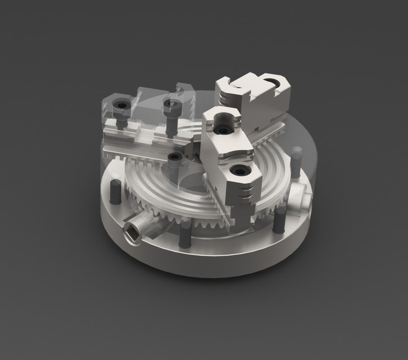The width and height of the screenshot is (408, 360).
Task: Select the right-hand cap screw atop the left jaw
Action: coord(170,107)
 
